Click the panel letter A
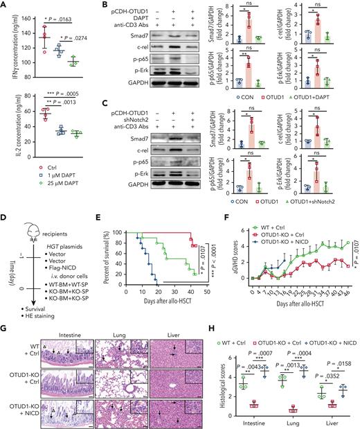pos(4,5)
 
